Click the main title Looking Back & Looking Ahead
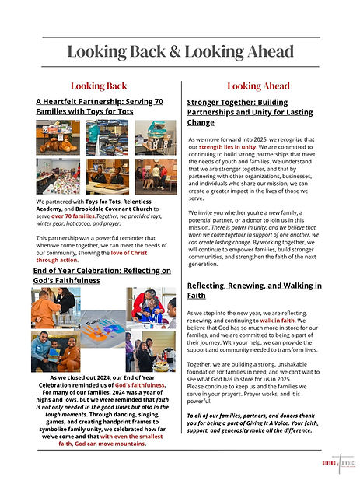(x=180, y=51)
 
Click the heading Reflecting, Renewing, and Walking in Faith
(x=254, y=290)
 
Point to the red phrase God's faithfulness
(x=141, y=384)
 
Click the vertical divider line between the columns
(x=180, y=265)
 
